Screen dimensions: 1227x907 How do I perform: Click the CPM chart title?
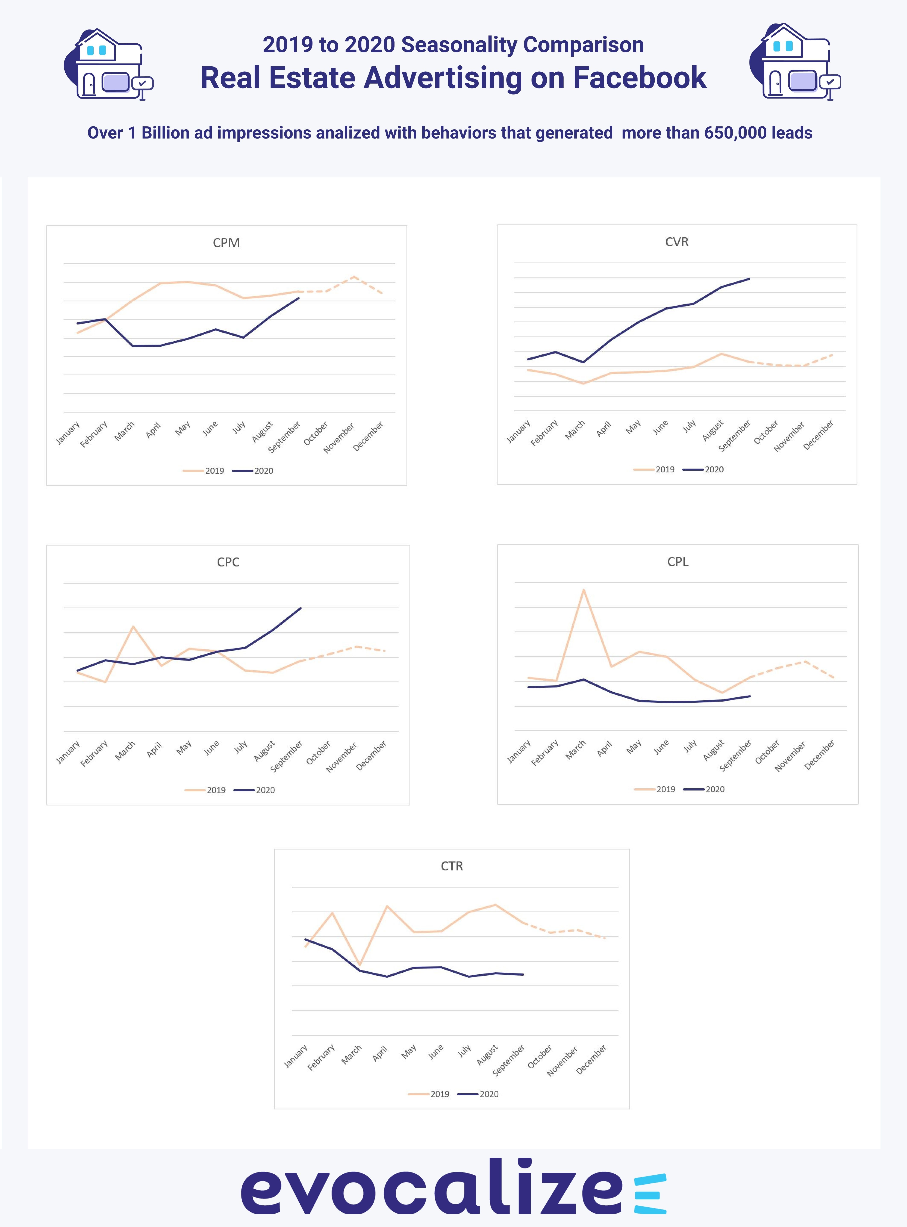tap(226, 243)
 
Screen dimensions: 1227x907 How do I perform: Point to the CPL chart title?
tap(677, 562)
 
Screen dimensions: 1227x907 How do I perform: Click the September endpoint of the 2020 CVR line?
tap(749, 279)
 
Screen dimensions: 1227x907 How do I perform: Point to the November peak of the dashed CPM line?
tap(354, 277)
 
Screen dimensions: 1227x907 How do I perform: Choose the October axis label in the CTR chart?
tap(540, 1057)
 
